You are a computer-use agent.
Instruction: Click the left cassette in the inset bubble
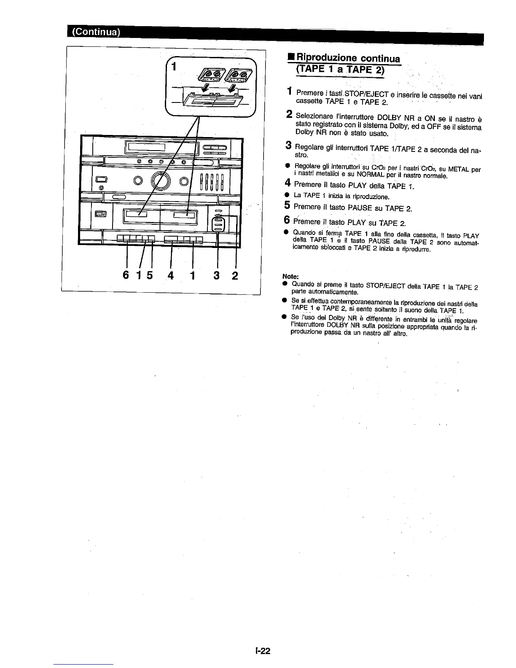[208, 76]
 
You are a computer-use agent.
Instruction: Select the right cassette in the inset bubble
[237, 75]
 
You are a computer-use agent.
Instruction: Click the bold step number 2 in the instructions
[289, 114]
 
